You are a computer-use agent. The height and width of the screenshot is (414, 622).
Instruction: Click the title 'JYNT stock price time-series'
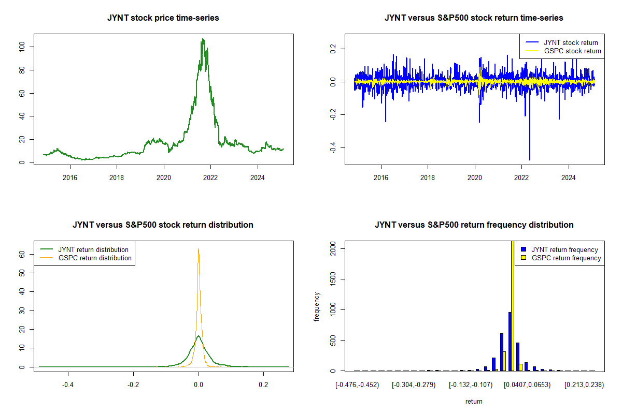(x=163, y=18)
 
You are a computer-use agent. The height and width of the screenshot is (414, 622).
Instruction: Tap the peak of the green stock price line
(x=203, y=39)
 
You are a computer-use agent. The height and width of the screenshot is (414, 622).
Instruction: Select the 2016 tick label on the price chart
(x=70, y=178)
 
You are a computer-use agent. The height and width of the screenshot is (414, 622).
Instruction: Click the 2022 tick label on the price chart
(x=210, y=178)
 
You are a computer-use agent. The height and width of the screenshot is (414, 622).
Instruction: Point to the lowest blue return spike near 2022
(x=529, y=159)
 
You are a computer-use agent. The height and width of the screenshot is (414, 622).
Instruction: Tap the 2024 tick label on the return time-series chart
(x=569, y=178)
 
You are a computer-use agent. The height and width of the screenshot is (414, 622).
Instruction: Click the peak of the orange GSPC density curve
(x=199, y=249)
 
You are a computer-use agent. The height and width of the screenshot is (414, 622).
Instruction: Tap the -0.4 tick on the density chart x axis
(x=68, y=385)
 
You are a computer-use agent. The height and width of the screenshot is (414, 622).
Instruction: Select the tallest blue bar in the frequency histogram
(x=510, y=342)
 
